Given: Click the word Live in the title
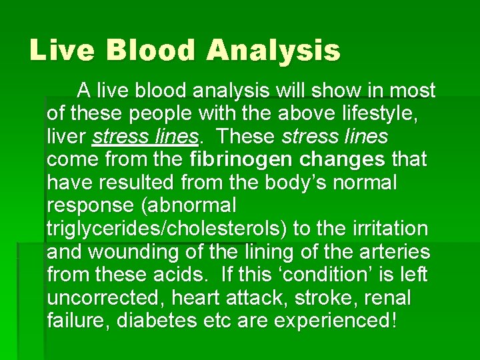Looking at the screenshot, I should [x=59, y=50].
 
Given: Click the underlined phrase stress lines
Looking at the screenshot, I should [x=146, y=137].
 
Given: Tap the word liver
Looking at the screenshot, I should [x=67, y=137].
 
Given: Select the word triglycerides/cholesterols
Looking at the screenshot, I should [x=167, y=229].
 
